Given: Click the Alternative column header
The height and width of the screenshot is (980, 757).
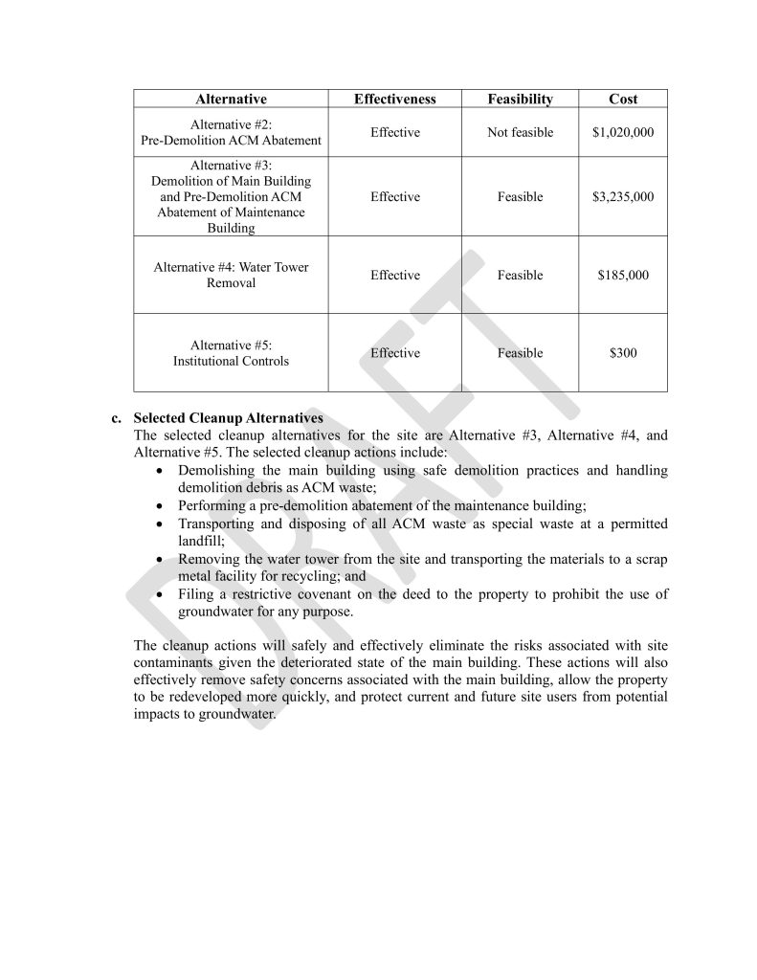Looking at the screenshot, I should (231, 99).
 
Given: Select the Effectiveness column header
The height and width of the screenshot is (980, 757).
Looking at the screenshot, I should (394, 99).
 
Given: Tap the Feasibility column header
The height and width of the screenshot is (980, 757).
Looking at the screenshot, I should (520, 99).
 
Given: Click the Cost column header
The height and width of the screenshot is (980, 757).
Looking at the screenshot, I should (622, 99).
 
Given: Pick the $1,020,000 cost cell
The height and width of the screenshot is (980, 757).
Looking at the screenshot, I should (622, 132).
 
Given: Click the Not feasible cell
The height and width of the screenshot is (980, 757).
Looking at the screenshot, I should (520, 132).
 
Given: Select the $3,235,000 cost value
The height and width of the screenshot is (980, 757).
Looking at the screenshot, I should (622, 196).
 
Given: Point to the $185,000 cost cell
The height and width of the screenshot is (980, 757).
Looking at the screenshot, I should (622, 275).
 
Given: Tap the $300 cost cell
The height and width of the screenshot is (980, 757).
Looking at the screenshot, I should (622, 352).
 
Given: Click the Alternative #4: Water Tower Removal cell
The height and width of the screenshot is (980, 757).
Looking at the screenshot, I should (231, 275).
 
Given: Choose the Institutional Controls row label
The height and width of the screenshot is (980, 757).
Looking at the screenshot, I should (231, 361).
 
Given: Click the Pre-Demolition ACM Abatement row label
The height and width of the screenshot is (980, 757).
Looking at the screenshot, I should (231, 140).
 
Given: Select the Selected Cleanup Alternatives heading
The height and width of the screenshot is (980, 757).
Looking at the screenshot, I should (228, 418).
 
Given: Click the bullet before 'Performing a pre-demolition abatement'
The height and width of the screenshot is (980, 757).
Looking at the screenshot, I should (160, 505).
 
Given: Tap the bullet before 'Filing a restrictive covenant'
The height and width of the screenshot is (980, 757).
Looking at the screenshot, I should (160, 594).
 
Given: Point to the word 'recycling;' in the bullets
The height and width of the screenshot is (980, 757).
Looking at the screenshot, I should (335, 576).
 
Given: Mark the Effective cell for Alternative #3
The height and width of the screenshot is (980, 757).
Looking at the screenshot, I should (394, 196).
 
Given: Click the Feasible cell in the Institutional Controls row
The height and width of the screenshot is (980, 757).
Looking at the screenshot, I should (520, 352).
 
